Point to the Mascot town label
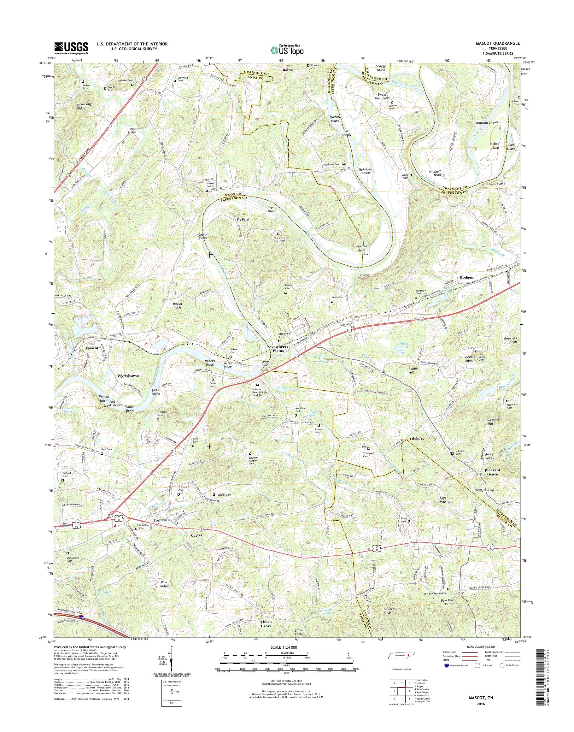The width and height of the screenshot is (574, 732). click(91, 348)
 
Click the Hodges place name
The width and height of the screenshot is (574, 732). click(466, 277)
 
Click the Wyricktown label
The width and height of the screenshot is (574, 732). click(128, 375)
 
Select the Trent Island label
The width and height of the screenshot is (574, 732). click(272, 209)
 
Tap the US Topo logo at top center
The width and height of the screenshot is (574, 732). click(287, 50)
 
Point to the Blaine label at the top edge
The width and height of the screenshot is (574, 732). click(287, 70)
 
